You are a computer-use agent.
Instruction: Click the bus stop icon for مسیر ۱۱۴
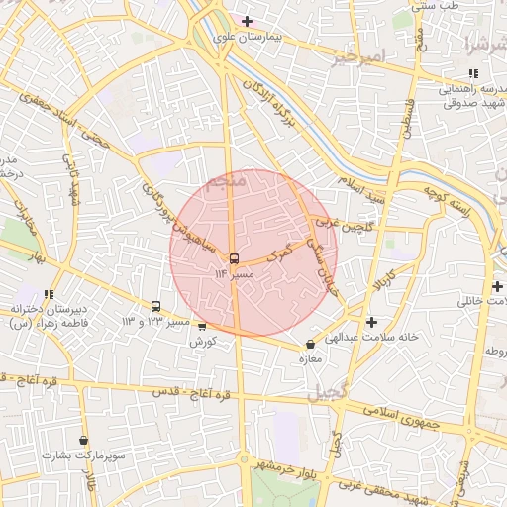234,258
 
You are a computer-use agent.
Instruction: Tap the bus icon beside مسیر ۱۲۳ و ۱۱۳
155,307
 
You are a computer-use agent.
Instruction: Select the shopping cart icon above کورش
202,326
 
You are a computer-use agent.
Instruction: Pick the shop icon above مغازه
311,345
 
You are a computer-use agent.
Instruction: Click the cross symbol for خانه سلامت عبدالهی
371,322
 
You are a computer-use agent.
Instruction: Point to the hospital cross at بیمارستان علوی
247,21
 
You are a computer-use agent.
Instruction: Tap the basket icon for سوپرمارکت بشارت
83,440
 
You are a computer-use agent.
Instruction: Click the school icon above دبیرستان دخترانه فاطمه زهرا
48,294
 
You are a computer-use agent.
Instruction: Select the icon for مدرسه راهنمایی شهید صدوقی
472,73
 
